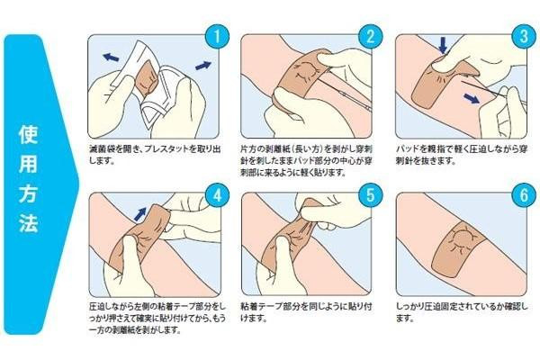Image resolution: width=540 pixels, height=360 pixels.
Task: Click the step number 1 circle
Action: point(217,37)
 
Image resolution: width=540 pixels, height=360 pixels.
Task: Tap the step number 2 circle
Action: point(370,37)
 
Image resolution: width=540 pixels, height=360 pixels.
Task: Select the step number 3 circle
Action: point(524,37)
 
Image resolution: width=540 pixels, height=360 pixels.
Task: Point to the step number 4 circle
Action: point(217,195)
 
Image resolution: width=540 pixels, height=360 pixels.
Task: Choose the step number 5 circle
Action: point(370,195)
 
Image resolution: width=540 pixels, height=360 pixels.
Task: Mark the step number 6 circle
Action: point(524,195)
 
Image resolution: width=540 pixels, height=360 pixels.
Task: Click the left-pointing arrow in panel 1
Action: point(111,57)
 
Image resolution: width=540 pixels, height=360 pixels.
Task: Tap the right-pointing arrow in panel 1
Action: point(203,65)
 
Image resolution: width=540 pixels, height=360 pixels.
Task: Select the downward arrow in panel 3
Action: point(443,45)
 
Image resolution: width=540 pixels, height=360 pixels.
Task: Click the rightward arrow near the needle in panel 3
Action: point(472,98)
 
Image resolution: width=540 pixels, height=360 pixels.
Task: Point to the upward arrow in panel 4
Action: point(139,213)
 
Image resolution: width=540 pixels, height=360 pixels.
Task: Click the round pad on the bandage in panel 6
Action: point(461,239)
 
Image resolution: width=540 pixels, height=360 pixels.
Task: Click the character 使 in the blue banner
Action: point(28,135)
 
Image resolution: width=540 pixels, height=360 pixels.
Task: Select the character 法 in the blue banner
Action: point(28,221)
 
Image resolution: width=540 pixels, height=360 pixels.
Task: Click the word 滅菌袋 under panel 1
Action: point(103,149)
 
